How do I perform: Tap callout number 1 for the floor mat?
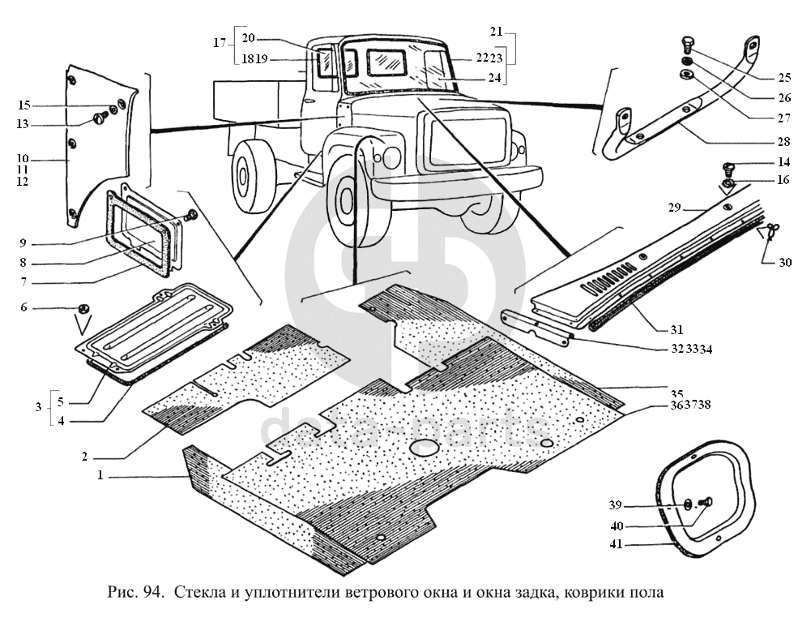coord(100,476)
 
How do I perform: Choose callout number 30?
coord(785,262)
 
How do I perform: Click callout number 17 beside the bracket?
coord(220,43)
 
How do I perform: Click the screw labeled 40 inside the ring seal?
coord(702,503)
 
